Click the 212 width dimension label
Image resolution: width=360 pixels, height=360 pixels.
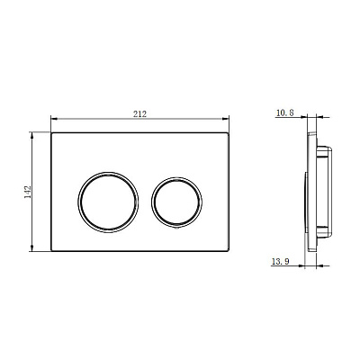pyautogui.click(x=139, y=114)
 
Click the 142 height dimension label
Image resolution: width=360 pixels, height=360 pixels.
pyautogui.click(x=28, y=192)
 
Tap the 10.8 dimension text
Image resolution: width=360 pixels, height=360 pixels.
pyautogui.click(x=285, y=112)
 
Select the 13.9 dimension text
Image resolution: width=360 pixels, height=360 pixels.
pyautogui.click(x=280, y=262)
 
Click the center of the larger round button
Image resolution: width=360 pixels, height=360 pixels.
pyautogui.click(x=108, y=202)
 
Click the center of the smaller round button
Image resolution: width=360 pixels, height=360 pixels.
pyautogui.click(x=177, y=202)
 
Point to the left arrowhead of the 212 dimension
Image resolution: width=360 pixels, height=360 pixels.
pyautogui.click(x=54, y=119)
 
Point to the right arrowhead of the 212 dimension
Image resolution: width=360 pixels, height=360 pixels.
pyautogui.click(x=226, y=119)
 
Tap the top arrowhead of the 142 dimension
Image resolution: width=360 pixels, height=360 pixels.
pyautogui.click(x=31, y=135)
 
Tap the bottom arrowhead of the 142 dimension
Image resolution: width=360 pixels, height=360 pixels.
pyautogui.click(x=31, y=247)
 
